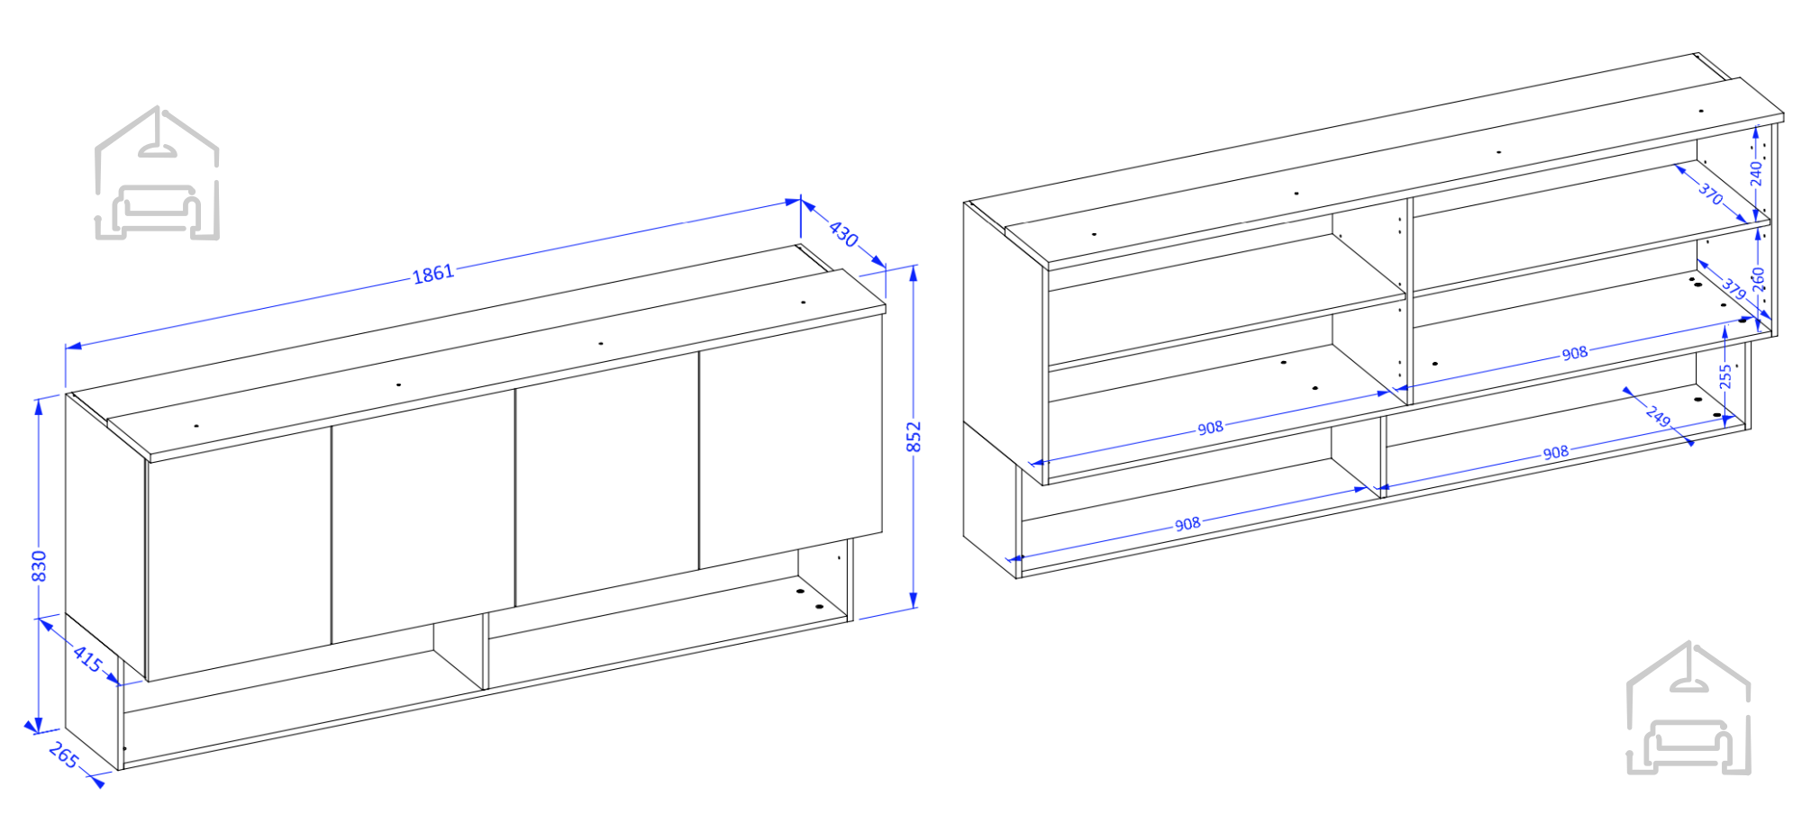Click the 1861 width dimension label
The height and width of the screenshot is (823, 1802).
click(433, 273)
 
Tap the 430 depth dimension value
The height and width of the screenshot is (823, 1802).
click(843, 233)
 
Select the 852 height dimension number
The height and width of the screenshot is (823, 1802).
click(914, 437)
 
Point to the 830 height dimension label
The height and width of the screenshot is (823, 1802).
click(39, 565)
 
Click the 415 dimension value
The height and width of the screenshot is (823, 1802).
click(87, 659)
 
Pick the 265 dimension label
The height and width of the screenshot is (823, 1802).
click(63, 755)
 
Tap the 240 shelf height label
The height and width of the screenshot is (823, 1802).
click(1756, 173)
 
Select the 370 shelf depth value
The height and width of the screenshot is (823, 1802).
click(1710, 193)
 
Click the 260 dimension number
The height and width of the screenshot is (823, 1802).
click(1758, 279)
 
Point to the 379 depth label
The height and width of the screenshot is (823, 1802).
click(1734, 287)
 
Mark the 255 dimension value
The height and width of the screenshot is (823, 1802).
click(1725, 375)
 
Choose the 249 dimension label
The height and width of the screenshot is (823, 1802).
click(1658, 416)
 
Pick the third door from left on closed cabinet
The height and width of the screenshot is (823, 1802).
click(607, 479)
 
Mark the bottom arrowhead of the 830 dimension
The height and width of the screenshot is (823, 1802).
click(38, 726)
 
